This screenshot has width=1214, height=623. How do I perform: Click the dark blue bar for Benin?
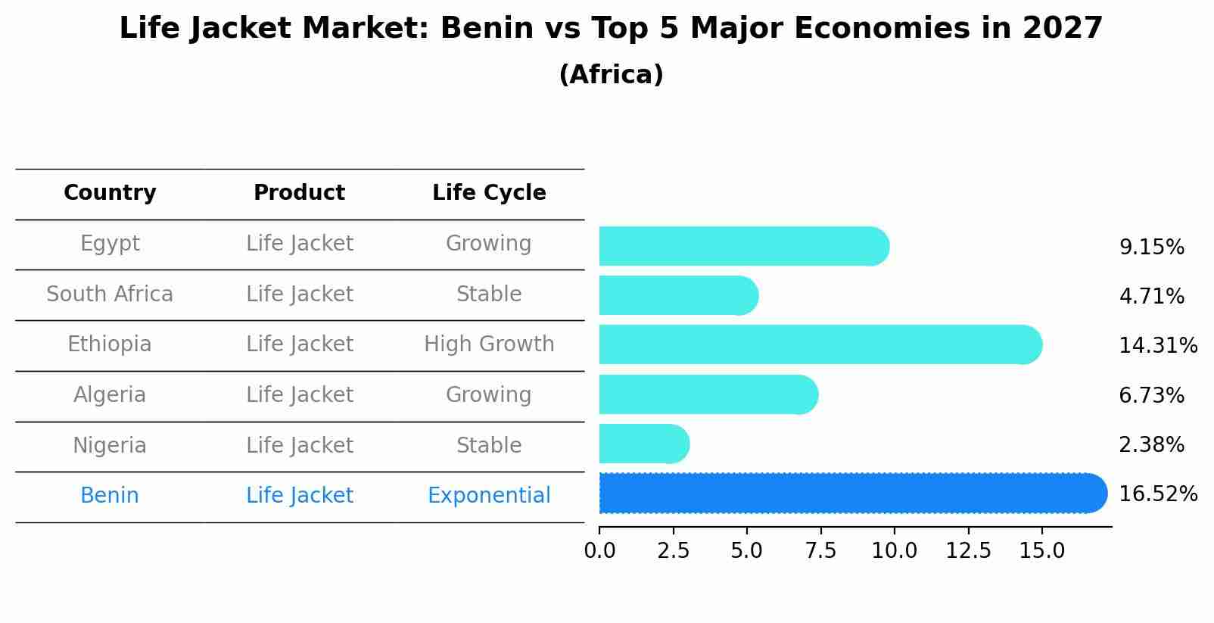848,494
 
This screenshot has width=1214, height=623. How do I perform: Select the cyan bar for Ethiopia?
817,344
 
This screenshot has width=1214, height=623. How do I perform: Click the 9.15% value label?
1151,248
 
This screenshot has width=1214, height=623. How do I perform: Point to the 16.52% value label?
1157,494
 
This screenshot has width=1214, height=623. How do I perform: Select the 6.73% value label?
1151,395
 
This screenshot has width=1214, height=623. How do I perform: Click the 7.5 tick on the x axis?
820,551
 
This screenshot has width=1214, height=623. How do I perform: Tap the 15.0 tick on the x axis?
1041,551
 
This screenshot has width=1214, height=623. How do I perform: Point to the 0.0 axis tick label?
599,551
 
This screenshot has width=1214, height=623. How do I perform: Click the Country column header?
110,193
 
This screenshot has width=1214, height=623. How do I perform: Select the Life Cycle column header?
489,193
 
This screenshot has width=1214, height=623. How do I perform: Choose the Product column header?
299,193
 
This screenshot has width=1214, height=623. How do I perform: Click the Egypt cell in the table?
110,244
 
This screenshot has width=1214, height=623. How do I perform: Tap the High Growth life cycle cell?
489,344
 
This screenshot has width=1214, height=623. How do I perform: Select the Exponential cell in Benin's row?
489,496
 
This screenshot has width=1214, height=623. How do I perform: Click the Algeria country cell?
110,395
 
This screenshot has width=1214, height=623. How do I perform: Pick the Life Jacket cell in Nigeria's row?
299,445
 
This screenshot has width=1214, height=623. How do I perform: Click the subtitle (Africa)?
611,75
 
